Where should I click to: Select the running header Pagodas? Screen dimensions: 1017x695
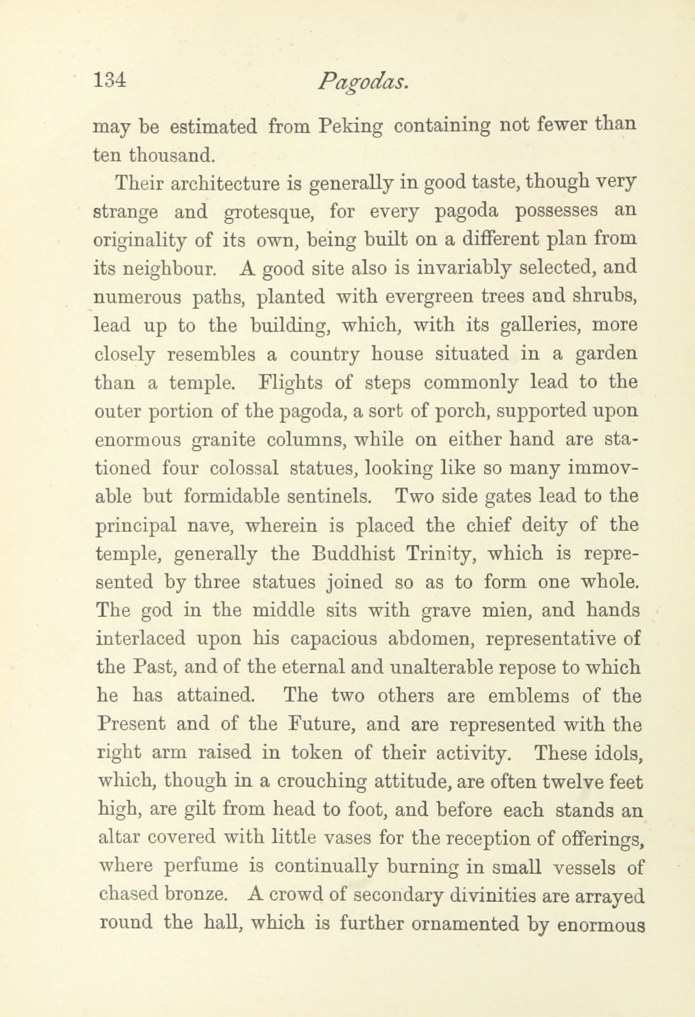tap(362, 82)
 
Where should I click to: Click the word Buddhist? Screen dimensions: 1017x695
tap(349, 554)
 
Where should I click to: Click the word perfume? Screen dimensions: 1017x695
tap(202, 867)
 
